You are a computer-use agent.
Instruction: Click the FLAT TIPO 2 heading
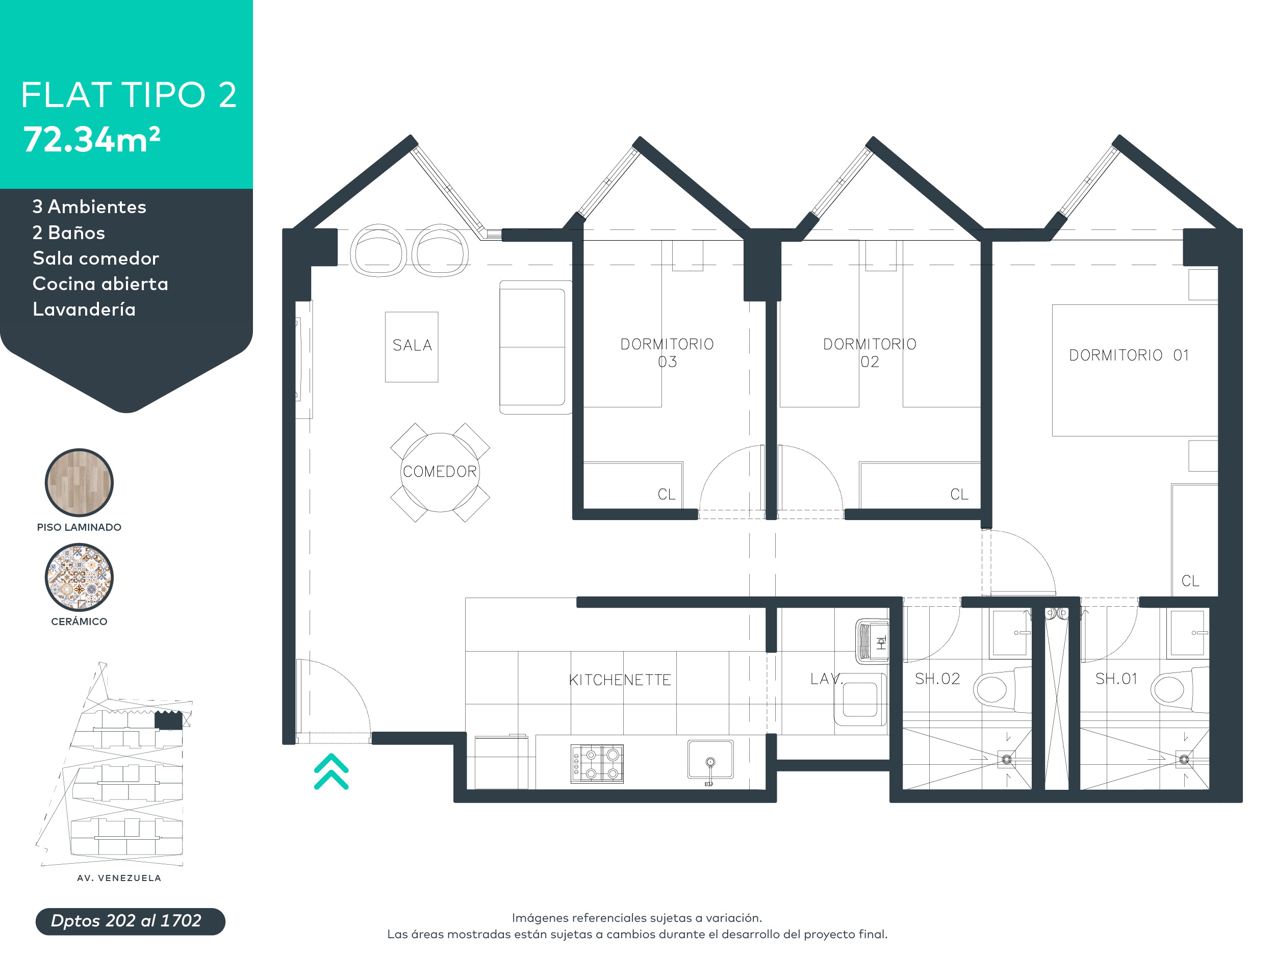129,95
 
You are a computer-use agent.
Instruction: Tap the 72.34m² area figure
91,140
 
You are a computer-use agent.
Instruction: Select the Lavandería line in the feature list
84,309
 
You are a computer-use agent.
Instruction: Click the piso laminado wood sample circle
79,483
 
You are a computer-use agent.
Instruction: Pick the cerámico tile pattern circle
79,577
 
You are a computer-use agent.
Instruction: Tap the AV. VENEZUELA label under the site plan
119,877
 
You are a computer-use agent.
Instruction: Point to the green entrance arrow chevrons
331,771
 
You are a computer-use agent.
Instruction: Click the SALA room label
412,345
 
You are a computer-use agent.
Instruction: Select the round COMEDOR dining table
440,472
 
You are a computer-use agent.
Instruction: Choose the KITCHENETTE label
620,680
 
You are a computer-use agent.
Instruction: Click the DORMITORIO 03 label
667,353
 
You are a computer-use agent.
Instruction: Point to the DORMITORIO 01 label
1129,355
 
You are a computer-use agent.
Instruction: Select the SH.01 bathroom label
1116,679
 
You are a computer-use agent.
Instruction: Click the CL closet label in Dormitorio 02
959,494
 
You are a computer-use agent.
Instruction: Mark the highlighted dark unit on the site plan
168,720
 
